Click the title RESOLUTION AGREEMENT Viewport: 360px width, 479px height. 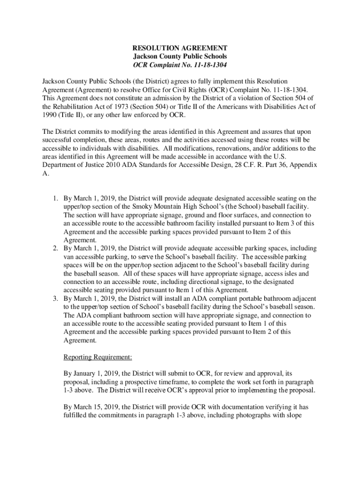tap(180, 48)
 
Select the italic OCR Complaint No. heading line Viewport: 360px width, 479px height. tap(180, 65)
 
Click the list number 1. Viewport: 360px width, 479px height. tap(54, 198)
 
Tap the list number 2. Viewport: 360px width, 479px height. tap(54, 248)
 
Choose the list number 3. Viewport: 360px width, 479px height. tap(54, 298)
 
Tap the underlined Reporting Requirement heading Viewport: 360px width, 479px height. tap(98, 357)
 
